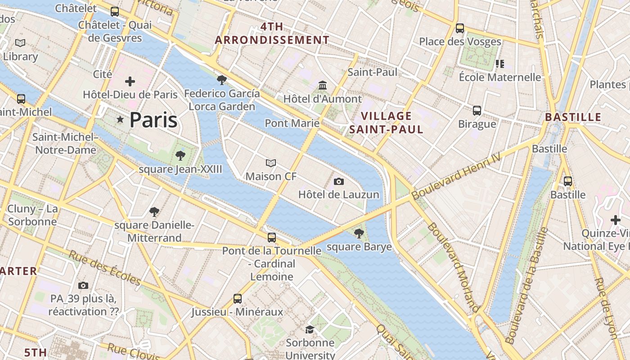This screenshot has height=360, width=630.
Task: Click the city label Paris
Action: click(x=153, y=120)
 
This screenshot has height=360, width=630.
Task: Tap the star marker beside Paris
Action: click(x=120, y=120)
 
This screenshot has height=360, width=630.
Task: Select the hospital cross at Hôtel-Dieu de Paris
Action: click(x=130, y=81)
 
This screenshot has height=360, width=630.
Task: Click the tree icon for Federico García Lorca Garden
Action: click(x=221, y=80)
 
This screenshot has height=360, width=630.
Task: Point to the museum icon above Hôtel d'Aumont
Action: click(x=323, y=85)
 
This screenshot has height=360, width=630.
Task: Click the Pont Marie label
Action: click(x=292, y=123)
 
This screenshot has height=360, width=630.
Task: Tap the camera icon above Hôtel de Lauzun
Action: click(x=339, y=181)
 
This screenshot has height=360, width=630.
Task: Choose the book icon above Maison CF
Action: click(x=271, y=163)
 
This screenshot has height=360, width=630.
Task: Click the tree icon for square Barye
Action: click(x=359, y=233)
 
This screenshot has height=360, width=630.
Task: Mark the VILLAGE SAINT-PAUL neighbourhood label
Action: click(x=387, y=123)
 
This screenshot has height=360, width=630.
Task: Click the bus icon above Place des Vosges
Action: click(x=460, y=28)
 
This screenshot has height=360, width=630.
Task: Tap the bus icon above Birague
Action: click(x=477, y=110)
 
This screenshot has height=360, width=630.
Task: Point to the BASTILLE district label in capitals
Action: click(x=573, y=117)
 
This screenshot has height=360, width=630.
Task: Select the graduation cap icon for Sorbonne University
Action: click(x=310, y=329)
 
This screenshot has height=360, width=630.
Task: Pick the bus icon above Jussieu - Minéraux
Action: click(x=237, y=298)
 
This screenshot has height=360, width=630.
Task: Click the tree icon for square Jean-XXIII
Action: click(x=180, y=156)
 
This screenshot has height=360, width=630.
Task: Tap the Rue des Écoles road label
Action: click(x=105, y=268)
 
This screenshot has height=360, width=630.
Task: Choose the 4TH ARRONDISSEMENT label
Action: click(x=272, y=33)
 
